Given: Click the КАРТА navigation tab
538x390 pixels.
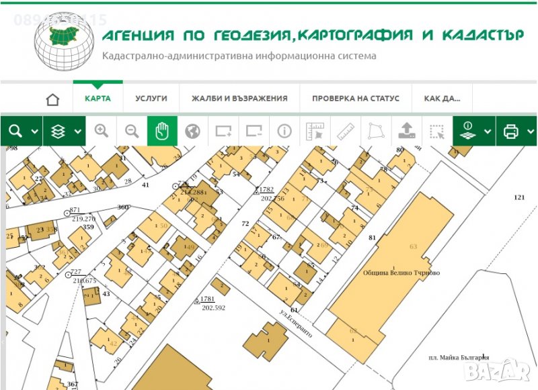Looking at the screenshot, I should (98, 98).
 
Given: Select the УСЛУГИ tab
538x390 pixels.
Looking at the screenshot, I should (151, 98).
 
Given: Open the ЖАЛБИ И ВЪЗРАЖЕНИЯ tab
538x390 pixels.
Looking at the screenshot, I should (239, 98).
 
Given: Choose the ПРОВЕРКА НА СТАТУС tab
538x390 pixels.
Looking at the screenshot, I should (356, 98).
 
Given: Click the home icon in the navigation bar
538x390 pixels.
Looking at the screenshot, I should (52, 99).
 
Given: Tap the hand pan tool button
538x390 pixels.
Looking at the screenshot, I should (162, 131).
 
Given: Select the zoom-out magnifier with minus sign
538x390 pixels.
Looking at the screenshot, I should (132, 131).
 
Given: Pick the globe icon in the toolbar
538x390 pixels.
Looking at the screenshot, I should (192, 131).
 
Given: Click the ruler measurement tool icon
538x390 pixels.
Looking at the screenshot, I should (345, 131).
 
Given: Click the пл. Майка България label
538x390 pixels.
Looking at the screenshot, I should (459, 358).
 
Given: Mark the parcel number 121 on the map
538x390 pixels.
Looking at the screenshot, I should (518, 197).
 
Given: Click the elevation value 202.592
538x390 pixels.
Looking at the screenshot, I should (213, 307).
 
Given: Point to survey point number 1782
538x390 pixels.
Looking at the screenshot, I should (267, 190).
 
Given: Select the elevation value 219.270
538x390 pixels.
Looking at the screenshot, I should (83, 218).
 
